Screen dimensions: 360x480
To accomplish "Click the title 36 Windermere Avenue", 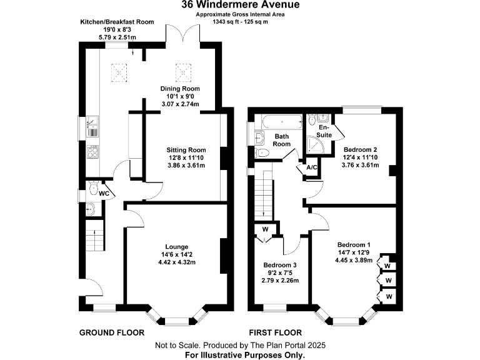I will [x=240, y=5].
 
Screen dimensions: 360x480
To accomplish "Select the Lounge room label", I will [x=176, y=246].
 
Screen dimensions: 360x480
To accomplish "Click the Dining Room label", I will [x=179, y=88].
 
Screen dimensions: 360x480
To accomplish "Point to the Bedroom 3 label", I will [x=279, y=265].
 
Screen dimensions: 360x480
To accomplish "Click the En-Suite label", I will [x=325, y=130].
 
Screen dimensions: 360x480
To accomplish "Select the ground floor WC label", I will [x=104, y=193].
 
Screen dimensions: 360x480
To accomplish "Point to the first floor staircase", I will [x=267, y=194].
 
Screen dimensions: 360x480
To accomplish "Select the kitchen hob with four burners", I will [x=92, y=151].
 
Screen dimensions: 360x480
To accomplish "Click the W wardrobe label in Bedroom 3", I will [x=265, y=229].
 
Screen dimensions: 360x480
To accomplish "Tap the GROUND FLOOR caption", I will [x=111, y=332].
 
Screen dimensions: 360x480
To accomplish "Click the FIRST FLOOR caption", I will [x=275, y=332].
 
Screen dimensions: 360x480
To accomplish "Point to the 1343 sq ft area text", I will [x=240, y=22].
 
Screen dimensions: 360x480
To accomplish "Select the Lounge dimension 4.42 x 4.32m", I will [x=176, y=262].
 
